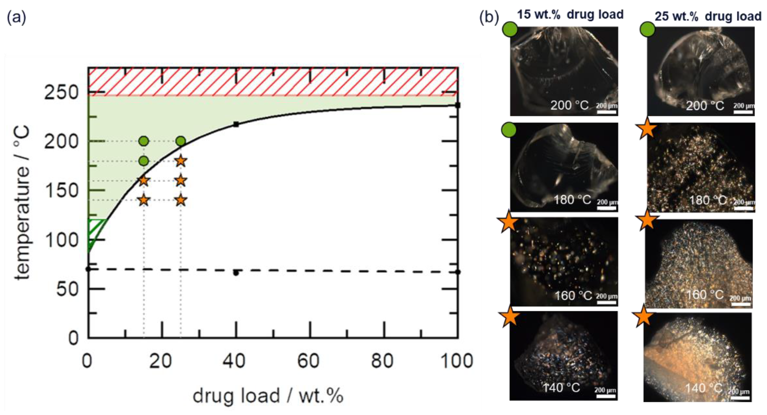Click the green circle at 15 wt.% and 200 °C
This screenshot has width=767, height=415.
pos(144,141)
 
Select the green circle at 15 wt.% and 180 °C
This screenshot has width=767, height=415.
pos(144,161)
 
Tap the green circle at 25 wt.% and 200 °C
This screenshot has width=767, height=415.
pos(181,141)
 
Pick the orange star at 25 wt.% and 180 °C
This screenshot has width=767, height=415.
pos(181,161)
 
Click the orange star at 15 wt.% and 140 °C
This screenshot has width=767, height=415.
pos(144,200)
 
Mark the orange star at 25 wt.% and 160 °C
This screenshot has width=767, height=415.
pos(181,181)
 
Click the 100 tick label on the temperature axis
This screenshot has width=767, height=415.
pos(61,240)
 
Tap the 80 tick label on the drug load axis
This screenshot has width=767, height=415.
pos(382,361)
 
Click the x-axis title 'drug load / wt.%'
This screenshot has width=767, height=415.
pos(268,396)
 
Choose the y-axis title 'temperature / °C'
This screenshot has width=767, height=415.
pos(22,202)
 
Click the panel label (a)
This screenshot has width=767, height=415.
pos(16,17)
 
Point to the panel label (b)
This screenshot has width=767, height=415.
pos(489,17)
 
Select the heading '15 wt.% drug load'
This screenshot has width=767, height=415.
pos(570,14)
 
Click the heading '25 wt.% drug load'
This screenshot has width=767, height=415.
pos(708,16)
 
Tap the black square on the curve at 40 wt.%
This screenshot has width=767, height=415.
pos(236,124)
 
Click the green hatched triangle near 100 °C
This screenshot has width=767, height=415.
pos(95,232)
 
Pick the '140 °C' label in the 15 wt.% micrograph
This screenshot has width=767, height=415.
pos(561,387)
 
